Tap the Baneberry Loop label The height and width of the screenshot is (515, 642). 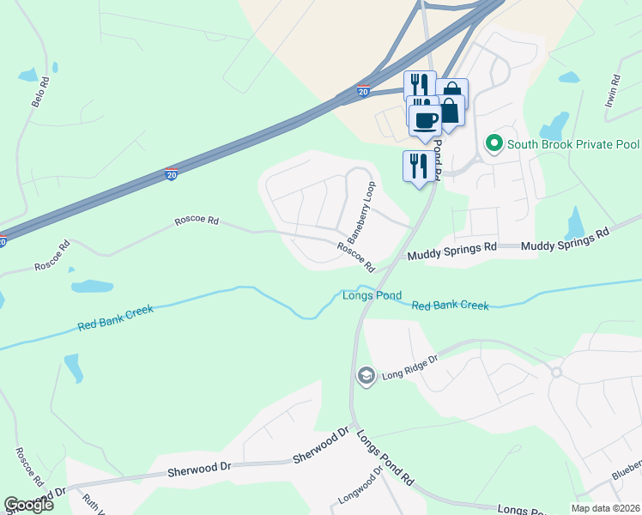pyautogui.click(x=360, y=210)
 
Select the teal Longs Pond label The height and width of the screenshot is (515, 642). pyautogui.click(x=372, y=296)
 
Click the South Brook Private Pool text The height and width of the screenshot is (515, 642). pyautogui.click(x=572, y=144)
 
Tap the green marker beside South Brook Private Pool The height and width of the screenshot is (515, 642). pyautogui.click(x=494, y=143)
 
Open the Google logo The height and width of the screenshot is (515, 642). pyautogui.click(x=29, y=505)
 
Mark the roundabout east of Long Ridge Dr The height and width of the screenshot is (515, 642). pyautogui.click(x=556, y=372)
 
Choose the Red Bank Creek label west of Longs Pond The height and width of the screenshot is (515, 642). pyautogui.click(x=115, y=318)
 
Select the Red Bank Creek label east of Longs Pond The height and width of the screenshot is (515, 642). pyautogui.click(x=450, y=306)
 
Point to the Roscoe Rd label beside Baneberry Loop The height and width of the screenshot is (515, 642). pyautogui.click(x=355, y=257)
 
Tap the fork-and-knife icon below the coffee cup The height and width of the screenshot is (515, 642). pyautogui.click(x=418, y=166)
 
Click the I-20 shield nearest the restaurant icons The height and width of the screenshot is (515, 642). pyautogui.click(x=363, y=91)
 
